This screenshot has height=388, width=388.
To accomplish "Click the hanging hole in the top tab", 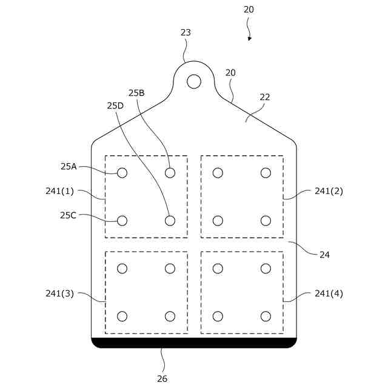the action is point(193,81).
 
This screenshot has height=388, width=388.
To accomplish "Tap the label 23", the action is point(186,33).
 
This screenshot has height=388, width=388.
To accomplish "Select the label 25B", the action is point(136,93).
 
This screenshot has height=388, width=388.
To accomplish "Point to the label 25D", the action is point(115,105).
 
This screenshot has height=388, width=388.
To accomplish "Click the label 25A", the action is point(69,166).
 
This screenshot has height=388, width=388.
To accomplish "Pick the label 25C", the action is point(69,215).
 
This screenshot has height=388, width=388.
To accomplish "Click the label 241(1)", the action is point(59,190).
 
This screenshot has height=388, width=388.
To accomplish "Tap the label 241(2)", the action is point(329,190).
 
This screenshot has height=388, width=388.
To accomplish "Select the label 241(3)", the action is point(59,293).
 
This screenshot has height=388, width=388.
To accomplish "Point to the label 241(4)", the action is point(329,293).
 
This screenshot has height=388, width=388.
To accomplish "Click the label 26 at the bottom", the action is point(162,379).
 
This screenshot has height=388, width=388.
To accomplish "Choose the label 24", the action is point(324,255).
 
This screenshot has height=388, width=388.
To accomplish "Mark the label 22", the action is point(265,97).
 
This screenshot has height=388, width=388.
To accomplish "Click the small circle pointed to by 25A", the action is point(122,173).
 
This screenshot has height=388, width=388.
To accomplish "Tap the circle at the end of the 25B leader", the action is point(170,173).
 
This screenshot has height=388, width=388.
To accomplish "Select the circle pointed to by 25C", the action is point(122,221).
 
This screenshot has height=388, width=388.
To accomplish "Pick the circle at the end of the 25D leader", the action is point(170,221).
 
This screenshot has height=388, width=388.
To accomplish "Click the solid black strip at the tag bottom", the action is point(194,343).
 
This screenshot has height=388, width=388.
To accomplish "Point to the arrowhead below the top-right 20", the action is point(249,38).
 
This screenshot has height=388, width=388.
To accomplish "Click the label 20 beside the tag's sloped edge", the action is point(230,73).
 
